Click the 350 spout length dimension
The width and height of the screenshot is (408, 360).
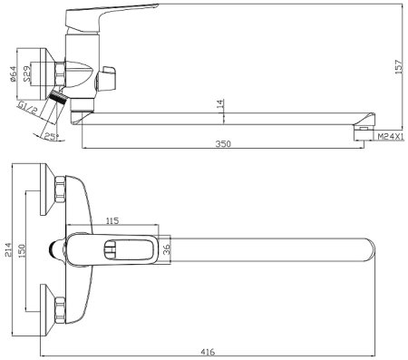pyautogui.click(x=223, y=143)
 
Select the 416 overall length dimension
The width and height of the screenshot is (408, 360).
pyautogui.click(x=208, y=352)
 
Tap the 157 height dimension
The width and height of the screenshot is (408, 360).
pyautogui.click(x=399, y=66)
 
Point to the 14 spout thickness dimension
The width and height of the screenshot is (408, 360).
pyautogui.click(x=220, y=103)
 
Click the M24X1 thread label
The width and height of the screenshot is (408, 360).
pyautogui.click(x=391, y=137)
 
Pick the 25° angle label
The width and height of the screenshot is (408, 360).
pyautogui.click(x=52, y=137)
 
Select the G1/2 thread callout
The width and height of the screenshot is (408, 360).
pyautogui.click(x=28, y=108)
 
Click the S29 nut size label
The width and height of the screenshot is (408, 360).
pyautogui.click(x=27, y=74)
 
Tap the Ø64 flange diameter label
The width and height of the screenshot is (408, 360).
pyautogui.click(x=14, y=74)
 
